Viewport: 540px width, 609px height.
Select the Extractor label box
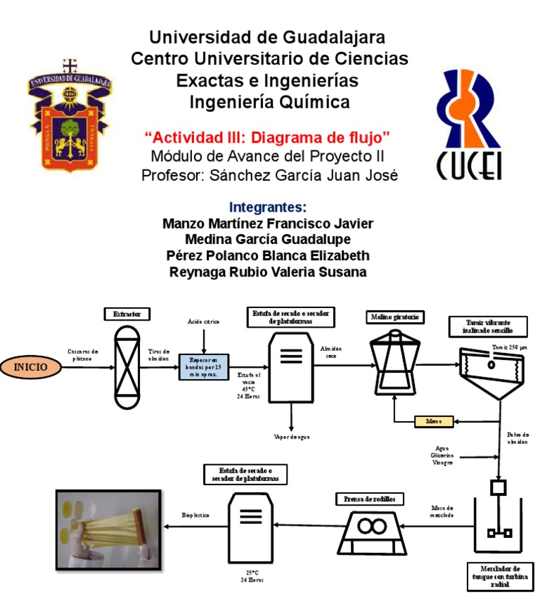(127, 314)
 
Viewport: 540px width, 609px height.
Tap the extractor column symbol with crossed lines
(127, 366)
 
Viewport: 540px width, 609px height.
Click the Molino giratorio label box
(395, 317)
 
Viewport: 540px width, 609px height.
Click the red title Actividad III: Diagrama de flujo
(267, 136)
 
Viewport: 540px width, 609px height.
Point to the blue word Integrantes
(268, 207)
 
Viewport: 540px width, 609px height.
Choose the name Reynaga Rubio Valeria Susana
(268, 272)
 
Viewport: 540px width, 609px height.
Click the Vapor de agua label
(292, 437)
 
